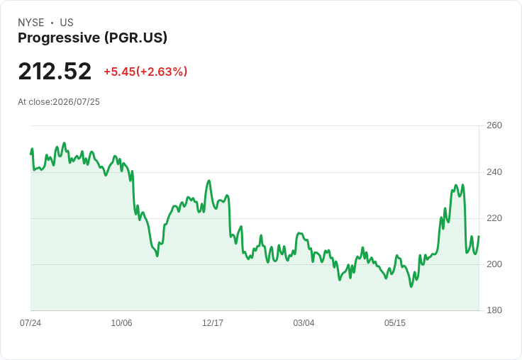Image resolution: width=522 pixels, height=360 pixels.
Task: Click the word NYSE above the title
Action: (x=31, y=23)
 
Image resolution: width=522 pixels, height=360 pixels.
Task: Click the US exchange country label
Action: (x=67, y=23)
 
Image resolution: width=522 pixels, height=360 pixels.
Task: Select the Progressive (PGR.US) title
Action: (x=92, y=38)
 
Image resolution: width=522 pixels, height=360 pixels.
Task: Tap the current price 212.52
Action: (x=55, y=71)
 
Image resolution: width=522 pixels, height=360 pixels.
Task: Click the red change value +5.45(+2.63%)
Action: (x=145, y=72)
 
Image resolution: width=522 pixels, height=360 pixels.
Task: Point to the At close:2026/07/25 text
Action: (x=59, y=102)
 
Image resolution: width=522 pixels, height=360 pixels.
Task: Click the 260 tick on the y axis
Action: (x=494, y=125)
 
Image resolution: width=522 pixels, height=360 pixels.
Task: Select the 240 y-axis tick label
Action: (x=494, y=172)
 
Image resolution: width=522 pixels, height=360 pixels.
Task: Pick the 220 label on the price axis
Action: (x=494, y=218)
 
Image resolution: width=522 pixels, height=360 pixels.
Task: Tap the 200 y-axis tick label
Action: (x=494, y=264)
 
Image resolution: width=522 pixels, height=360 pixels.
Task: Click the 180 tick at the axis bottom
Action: (x=494, y=310)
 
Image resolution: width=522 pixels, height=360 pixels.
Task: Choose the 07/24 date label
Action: (x=30, y=322)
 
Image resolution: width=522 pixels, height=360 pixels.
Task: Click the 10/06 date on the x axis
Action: (x=121, y=322)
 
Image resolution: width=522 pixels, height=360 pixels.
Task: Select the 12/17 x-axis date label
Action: (x=213, y=322)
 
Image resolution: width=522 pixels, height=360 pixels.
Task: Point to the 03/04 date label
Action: (x=304, y=322)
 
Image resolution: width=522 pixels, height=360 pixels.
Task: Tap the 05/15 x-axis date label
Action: (x=395, y=322)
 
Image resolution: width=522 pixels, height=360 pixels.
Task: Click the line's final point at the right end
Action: (x=479, y=236)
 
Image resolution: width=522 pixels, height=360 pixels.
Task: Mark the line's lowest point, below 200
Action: (x=411, y=286)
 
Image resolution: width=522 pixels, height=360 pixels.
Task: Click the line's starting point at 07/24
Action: (x=30, y=154)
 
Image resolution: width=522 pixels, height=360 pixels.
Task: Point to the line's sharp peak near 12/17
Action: (x=209, y=181)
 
